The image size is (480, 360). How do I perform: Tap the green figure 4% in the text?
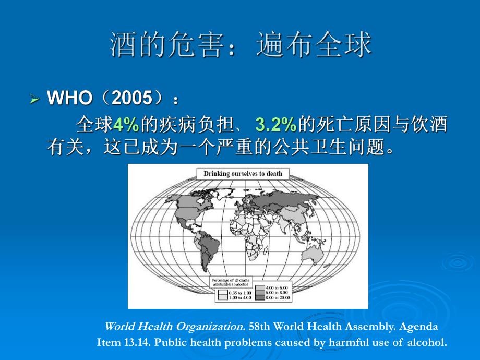tap(126, 125)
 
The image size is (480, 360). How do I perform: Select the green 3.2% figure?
tap(275, 125)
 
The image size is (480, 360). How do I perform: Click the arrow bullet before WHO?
tap(35, 99)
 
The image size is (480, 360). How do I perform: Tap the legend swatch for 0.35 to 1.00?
tap(222, 293)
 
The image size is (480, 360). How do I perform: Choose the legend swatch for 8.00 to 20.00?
tap(259, 297)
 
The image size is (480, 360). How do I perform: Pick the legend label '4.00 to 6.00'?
tap(277, 287)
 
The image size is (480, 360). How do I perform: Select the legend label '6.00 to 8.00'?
tap(277, 293)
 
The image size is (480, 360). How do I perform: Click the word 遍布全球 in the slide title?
tap(314, 45)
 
